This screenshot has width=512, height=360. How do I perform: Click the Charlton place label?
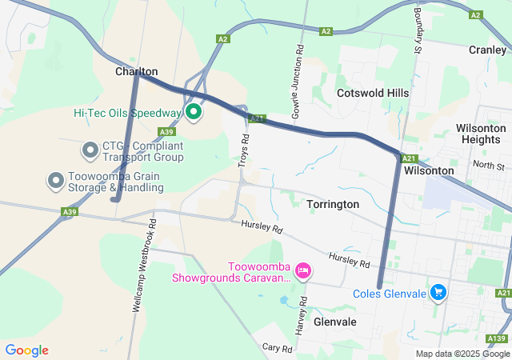pos(137,71)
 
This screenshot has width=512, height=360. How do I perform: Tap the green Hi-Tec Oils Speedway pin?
pos(193,111)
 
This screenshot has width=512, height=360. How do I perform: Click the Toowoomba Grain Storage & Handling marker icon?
pos(56,180)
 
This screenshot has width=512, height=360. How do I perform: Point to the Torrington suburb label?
pos(333,204)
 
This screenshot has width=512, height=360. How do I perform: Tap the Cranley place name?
pos(487,49)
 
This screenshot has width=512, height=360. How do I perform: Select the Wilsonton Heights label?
pos(480,134)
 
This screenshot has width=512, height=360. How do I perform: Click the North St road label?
pos(488,166)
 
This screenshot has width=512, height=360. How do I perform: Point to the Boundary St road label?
pos(417,32)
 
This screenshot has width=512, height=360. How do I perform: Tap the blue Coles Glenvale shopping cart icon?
pos(438,293)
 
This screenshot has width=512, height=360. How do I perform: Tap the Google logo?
pos(26,350)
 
